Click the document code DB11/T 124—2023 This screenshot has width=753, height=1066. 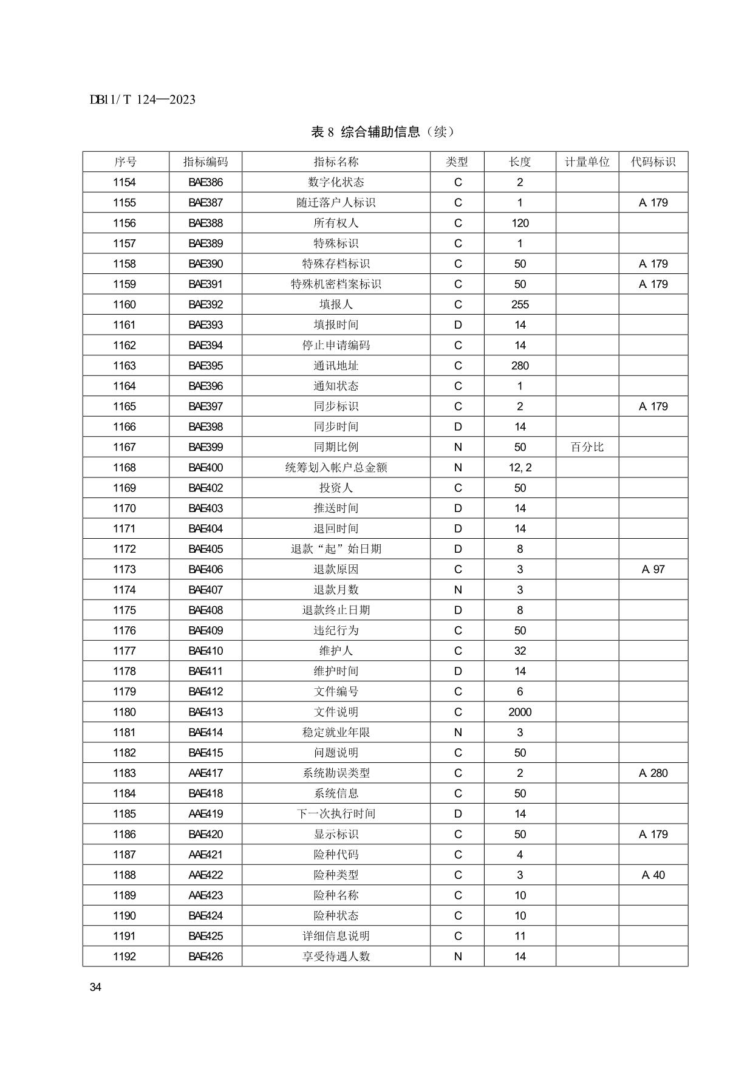click(x=143, y=100)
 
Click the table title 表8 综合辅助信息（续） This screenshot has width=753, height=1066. click(x=383, y=132)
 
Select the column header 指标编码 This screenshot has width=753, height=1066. click(x=205, y=162)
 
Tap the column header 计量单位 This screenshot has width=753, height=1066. click(x=587, y=162)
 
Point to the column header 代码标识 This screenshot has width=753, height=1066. click(x=653, y=162)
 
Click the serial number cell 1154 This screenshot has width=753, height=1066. click(x=124, y=182)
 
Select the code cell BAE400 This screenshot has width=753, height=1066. click(x=205, y=468)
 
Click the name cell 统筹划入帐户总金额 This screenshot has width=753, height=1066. click(x=336, y=468)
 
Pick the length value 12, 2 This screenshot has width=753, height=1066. click(x=520, y=468)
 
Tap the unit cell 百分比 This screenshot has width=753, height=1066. click(x=587, y=447)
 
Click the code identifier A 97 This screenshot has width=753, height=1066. click(x=653, y=570)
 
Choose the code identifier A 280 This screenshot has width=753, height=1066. click(x=653, y=773)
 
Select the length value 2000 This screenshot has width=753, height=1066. click(x=520, y=712)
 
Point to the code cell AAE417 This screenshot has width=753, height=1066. click(x=205, y=773)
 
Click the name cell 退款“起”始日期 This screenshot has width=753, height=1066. click(x=336, y=549)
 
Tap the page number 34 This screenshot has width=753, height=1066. click(x=95, y=987)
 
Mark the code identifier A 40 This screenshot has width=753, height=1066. click(x=653, y=875)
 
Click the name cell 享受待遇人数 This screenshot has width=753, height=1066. click(x=336, y=957)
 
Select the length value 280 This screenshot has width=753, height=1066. click(x=520, y=366)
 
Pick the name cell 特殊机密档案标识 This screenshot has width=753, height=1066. click(x=336, y=284)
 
